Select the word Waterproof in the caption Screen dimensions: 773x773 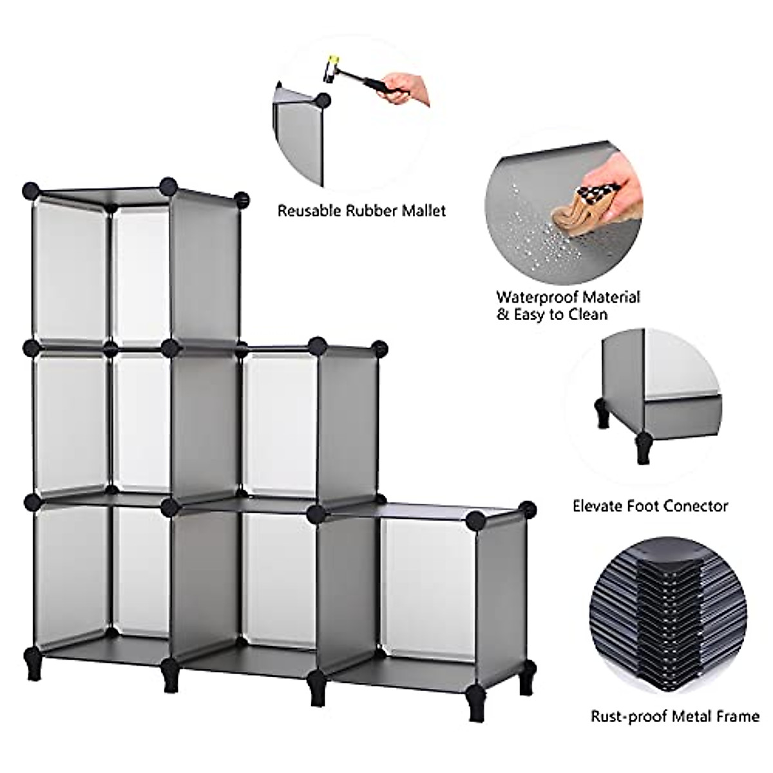(538, 297)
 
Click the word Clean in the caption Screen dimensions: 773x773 (587, 315)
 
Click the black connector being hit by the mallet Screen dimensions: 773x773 (322, 100)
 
